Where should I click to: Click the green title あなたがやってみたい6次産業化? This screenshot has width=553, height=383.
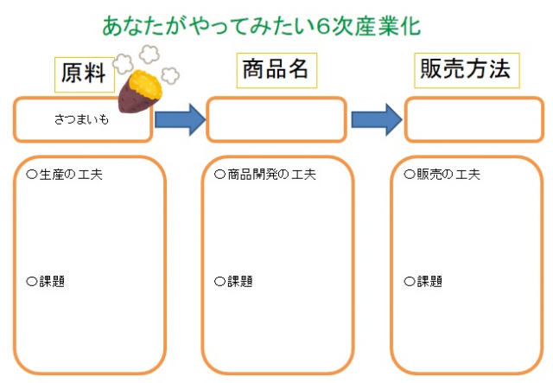pyautogui.click(x=261, y=26)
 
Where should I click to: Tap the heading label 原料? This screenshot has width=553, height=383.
pyautogui.click(x=85, y=74)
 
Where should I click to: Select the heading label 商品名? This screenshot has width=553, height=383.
pyautogui.click(x=276, y=70)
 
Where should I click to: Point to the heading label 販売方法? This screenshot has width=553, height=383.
pyautogui.click(x=467, y=70)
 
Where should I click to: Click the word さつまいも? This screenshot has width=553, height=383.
pyautogui.click(x=81, y=119)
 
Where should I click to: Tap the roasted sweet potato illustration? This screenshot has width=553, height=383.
pyautogui.click(x=141, y=90)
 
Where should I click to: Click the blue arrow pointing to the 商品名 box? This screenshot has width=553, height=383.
pyautogui.click(x=180, y=119)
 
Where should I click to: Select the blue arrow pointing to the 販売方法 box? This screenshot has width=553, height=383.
pyautogui.click(x=377, y=119)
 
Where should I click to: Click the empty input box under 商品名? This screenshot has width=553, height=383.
pyautogui.click(x=276, y=119)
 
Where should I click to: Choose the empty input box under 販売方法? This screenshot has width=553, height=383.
pyautogui.click(x=474, y=119)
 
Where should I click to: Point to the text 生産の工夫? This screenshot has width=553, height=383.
pyautogui.click(x=71, y=175)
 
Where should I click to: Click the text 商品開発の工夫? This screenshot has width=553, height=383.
pyautogui.click(x=271, y=175)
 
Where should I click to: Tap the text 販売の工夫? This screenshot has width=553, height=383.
pyautogui.click(x=448, y=175)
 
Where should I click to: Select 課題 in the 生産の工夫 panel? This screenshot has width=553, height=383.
pyautogui.click(x=52, y=281)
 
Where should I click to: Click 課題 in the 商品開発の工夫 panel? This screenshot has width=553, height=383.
pyautogui.click(x=240, y=281)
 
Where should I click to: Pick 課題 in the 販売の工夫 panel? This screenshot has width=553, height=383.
pyautogui.click(x=429, y=281)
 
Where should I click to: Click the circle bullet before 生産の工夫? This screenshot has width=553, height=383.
pyautogui.click(x=32, y=175)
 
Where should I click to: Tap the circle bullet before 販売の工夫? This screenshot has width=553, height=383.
pyautogui.click(x=410, y=175)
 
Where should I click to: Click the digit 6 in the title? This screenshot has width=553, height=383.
pyautogui.click(x=322, y=27)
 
